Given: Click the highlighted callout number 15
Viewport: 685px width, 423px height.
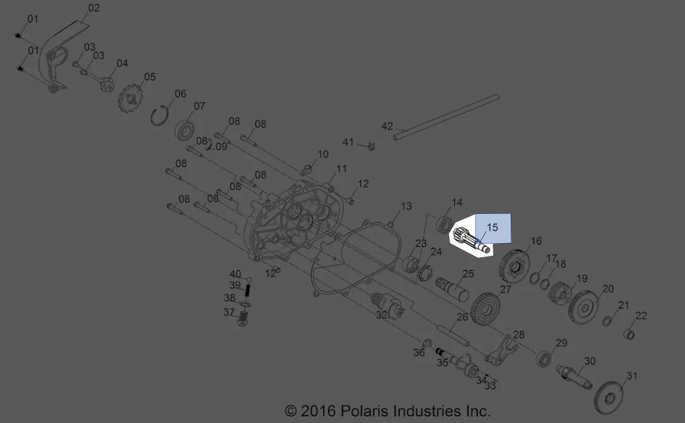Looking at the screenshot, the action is pyautogui.click(x=493, y=228).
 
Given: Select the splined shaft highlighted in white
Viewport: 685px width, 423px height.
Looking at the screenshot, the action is pyautogui.click(x=471, y=241).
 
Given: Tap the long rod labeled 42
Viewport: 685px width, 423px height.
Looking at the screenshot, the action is pyautogui.click(x=445, y=117).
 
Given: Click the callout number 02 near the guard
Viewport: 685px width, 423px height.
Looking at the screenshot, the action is pyautogui.click(x=94, y=8).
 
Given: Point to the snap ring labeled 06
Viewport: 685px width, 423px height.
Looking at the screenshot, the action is pyautogui.click(x=160, y=116).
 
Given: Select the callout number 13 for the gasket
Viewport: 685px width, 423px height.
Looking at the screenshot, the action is pyautogui.click(x=406, y=206).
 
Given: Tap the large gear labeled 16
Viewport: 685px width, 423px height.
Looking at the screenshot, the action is pyautogui.click(x=514, y=266).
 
